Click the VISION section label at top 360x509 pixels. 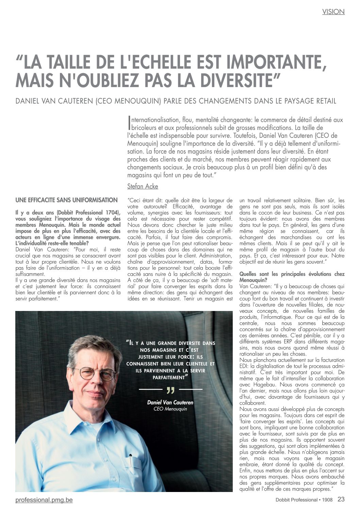coord(333,12)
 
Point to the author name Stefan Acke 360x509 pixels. coord(143,186)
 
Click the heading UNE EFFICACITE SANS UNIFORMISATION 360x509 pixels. coord(66,200)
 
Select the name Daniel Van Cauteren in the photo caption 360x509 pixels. coord(170,403)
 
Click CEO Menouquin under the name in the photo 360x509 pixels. coord(170,409)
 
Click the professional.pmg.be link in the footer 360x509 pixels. coord(44,500)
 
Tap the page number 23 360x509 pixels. coord(341,499)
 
